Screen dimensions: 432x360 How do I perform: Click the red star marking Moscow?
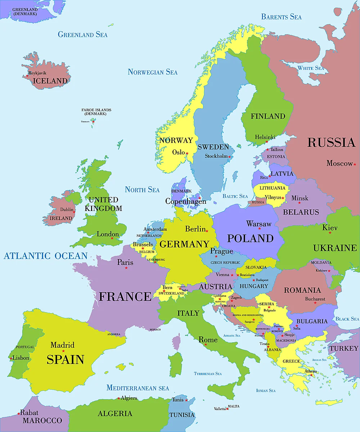(x=355, y=164)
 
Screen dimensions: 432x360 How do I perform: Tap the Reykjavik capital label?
(x=37, y=73)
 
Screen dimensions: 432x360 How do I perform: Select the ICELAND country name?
(x=50, y=81)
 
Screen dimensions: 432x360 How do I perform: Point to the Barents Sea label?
(x=281, y=17)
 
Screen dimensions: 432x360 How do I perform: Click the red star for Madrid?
(x=63, y=351)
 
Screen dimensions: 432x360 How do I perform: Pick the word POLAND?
(x=250, y=238)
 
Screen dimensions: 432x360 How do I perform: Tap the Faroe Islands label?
(x=96, y=112)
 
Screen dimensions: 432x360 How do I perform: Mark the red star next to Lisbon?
(x=11, y=359)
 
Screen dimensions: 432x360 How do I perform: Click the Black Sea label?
(x=347, y=319)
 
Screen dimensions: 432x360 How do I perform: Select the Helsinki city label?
(x=265, y=137)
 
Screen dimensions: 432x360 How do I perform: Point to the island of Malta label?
(x=233, y=406)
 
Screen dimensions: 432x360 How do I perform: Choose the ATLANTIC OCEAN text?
(x=45, y=256)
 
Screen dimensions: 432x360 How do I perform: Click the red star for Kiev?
(x=330, y=233)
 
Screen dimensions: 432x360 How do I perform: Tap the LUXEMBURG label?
(x=156, y=260)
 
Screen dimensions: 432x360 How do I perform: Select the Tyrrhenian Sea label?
(x=208, y=374)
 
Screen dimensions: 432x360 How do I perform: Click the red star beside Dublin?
(x=74, y=212)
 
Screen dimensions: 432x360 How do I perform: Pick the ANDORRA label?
(x=114, y=334)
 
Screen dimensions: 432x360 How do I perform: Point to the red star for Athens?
(x=312, y=375)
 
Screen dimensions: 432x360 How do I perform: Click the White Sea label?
(x=310, y=68)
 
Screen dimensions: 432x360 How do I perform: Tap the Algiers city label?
(x=129, y=398)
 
